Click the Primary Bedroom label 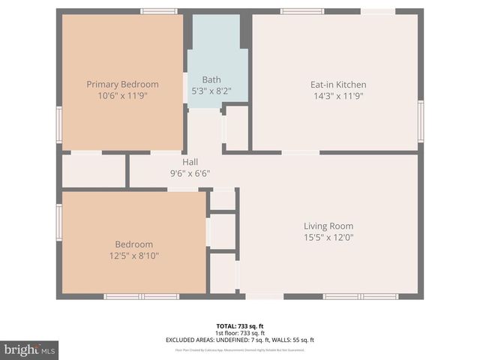pyautogui.click(x=122, y=84)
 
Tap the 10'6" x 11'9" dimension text pyautogui.click(x=122, y=95)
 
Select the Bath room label pyautogui.click(x=211, y=79)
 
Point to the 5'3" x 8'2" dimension pyautogui.click(x=211, y=91)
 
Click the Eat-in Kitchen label pyautogui.click(x=338, y=85)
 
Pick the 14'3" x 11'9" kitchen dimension pyautogui.click(x=338, y=96)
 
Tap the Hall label pyautogui.click(x=190, y=161)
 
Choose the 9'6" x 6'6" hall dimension pyautogui.click(x=190, y=172)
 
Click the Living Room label pyautogui.click(x=328, y=226)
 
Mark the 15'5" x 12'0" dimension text pyautogui.click(x=328, y=238)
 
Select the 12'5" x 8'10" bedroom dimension pyautogui.click(x=133, y=256)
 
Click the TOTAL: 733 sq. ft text pyautogui.click(x=239, y=326)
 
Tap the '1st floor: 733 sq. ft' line pyautogui.click(x=239, y=333)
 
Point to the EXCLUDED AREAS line pyautogui.click(x=239, y=340)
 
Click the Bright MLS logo pyautogui.click(x=30, y=349)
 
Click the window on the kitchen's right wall pyautogui.click(x=421, y=121)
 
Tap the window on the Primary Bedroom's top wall pyautogui.click(x=159, y=11)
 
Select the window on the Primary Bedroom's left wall pyautogui.click(x=58, y=124)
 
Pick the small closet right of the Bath pyautogui.click(x=237, y=128)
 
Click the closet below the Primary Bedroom pyautogui.click(x=93, y=171)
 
